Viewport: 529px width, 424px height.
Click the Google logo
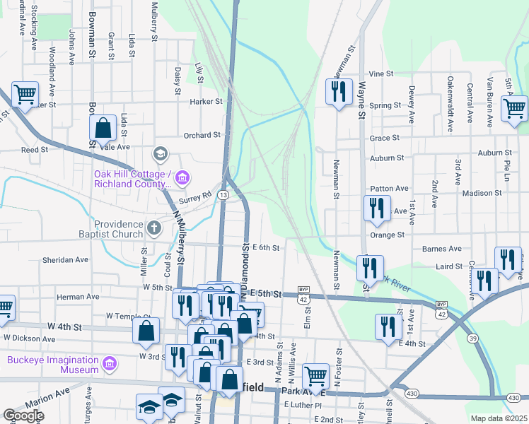click(23, 416)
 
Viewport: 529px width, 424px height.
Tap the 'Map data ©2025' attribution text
click(499, 418)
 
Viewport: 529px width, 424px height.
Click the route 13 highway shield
click(223, 195)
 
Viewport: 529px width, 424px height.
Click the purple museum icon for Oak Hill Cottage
click(183, 176)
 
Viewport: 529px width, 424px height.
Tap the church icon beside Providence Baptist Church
click(155, 227)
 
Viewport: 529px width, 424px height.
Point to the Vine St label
click(380, 73)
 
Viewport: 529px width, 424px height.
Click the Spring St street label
click(385, 106)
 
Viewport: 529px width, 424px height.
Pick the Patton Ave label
click(390, 189)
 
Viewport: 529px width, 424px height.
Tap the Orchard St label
click(202, 135)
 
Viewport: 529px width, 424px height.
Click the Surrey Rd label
click(197, 197)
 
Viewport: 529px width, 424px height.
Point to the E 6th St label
click(265, 247)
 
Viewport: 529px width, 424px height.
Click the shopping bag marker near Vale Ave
click(103, 129)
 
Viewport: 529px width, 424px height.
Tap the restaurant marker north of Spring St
click(339, 92)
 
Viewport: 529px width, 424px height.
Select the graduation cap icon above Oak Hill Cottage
click(161, 154)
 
